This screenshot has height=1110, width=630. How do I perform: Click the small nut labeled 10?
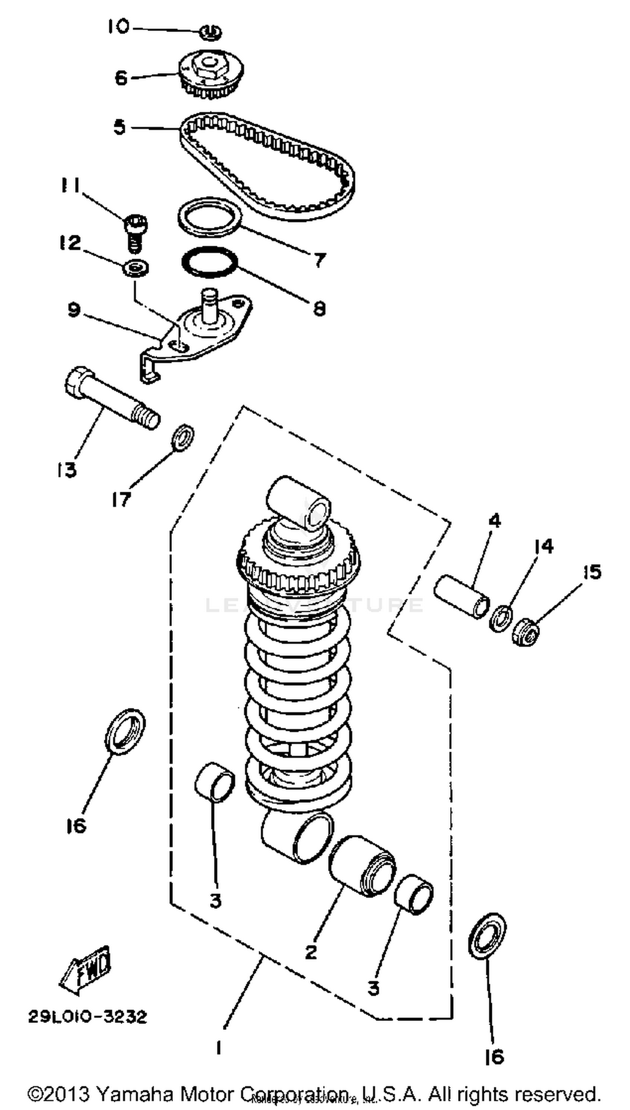tap(211, 32)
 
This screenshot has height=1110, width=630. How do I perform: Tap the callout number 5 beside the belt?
tap(119, 128)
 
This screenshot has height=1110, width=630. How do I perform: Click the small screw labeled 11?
tap(135, 233)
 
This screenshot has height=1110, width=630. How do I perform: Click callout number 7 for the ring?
tap(319, 260)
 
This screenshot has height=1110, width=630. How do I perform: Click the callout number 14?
tap(543, 547)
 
